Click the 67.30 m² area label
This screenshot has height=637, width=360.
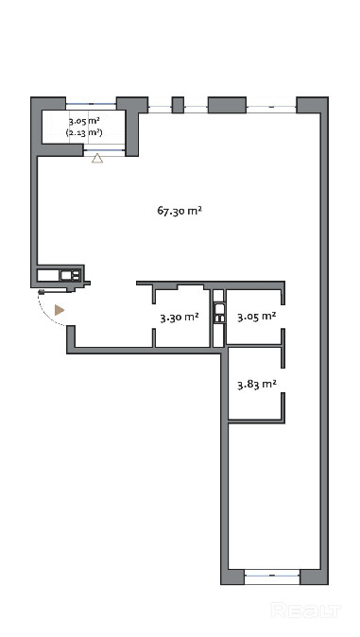[180, 211]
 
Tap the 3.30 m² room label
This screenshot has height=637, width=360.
[180, 318]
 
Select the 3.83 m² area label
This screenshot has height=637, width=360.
[257, 384]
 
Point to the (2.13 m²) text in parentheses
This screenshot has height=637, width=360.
[84, 132]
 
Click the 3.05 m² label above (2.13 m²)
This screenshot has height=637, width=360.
[84, 121]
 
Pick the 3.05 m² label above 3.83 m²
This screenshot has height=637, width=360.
[257, 317]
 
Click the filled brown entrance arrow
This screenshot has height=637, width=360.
[60, 310]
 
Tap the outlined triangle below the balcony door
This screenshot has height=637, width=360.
[97, 159]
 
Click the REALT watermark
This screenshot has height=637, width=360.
[305, 610]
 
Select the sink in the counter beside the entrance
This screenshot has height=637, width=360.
[70, 275]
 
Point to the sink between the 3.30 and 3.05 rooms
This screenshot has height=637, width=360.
[218, 312]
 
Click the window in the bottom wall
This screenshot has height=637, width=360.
[272, 576]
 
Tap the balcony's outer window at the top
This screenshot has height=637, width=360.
[91, 104]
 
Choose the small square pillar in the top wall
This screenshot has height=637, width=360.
[178, 105]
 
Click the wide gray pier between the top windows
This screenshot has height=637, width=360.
[227, 105]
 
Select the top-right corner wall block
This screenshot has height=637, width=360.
[312, 105]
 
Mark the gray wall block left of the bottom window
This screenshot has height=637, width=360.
[232, 577]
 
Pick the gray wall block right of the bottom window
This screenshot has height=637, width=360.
[314, 577]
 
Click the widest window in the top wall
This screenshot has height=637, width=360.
[271, 107]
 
